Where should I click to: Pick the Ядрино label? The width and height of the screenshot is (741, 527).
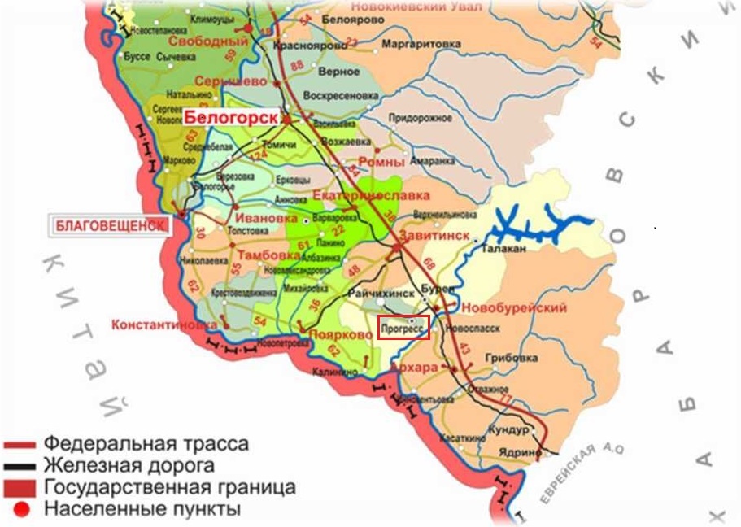(x=518, y=452)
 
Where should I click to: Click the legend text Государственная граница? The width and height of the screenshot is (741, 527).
(x=169, y=488)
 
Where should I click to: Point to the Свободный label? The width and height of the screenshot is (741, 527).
(x=207, y=41)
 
